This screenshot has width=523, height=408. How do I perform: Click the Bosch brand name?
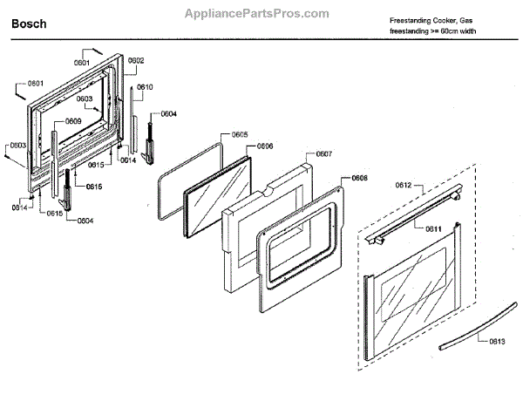click(x=28, y=25)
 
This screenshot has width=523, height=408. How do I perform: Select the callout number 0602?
click(x=137, y=60)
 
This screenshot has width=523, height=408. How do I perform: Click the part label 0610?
click(x=145, y=87)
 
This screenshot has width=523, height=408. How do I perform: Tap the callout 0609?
click(x=72, y=121)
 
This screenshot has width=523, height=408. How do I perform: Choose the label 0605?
click(x=240, y=134)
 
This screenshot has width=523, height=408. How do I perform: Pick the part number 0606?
click(x=265, y=146)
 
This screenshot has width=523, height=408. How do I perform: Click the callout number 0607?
click(x=323, y=153)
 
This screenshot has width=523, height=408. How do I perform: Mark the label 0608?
click(x=359, y=178)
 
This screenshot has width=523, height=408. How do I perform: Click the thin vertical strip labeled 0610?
click(x=134, y=122)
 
